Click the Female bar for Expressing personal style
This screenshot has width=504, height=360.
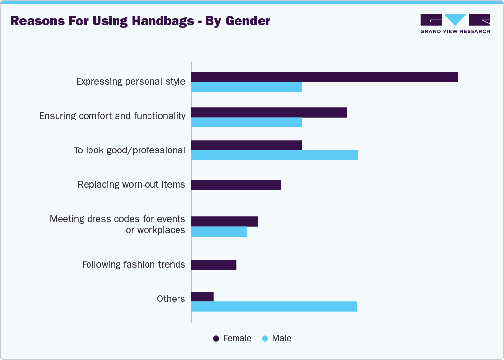coord(325,77)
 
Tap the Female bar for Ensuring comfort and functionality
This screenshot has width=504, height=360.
coord(269,113)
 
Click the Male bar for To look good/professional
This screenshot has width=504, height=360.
coord(274,155)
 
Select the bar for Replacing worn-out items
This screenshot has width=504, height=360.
coord(236,185)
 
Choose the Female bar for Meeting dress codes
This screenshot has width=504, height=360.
coord(225,222)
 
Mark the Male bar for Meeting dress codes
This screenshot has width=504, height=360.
coord(219,232)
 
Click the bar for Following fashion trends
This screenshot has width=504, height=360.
coord(213,265)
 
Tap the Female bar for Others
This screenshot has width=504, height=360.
coord(203,297)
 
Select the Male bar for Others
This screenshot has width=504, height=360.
coord(274,306)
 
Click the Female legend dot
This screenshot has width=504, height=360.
coord(216,339)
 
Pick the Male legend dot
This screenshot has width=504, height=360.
coord(265,339)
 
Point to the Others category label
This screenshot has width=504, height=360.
coord(171,299)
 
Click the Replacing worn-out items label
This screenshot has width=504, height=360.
coord(131,185)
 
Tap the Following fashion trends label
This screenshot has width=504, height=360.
coord(133,265)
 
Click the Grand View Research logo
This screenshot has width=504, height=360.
coord(455,24)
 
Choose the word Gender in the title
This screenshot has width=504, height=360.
coord(248,21)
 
